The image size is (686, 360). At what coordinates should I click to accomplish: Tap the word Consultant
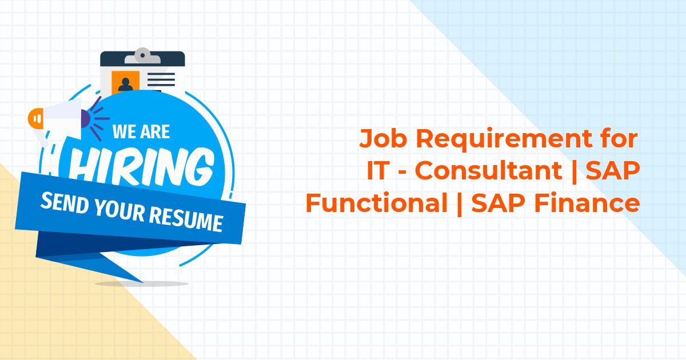click(488, 170)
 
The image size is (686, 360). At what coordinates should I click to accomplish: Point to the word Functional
click(377, 203)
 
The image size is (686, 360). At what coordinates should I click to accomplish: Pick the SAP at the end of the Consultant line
click(613, 170)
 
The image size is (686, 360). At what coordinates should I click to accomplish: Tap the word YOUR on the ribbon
click(119, 210)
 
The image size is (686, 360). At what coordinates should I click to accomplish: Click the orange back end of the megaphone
click(35, 118)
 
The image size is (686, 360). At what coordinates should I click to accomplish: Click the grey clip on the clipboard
click(142, 56)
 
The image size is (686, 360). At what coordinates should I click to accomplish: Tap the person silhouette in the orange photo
click(126, 85)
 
